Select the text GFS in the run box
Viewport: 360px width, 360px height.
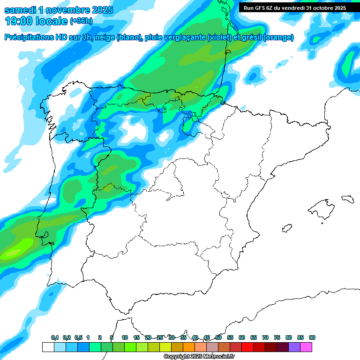click(x=259, y=8)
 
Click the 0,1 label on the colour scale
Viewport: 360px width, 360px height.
click(x=55, y=337)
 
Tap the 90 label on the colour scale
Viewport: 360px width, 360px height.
click(x=312, y=337)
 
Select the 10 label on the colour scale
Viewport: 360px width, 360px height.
click(x=125, y=337)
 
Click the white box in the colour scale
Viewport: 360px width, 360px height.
click(x=48, y=347)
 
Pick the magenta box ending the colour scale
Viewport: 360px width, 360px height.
click(x=307, y=347)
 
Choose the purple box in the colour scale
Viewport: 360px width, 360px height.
click(x=294, y=347)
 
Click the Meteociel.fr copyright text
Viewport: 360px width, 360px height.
click(x=199, y=357)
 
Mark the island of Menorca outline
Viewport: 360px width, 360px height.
click(x=347, y=199)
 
